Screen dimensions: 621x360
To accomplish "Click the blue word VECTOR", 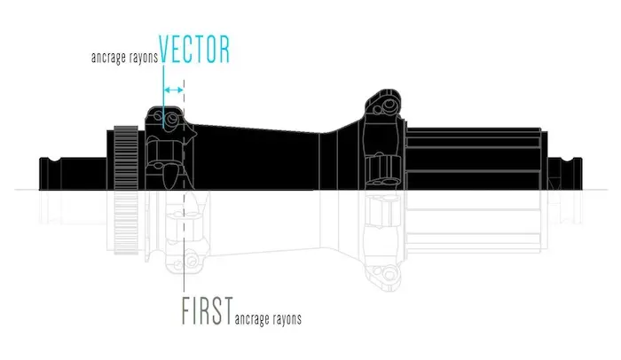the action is (x=194, y=49).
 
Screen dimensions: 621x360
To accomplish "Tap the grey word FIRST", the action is (x=207, y=311).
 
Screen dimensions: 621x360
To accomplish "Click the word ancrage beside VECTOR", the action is (x=108, y=58).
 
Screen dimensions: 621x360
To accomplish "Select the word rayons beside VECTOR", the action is (x=144, y=58).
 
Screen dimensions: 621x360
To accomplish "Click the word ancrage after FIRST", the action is (x=252, y=319).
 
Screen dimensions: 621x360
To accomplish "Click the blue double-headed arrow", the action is (x=174, y=90).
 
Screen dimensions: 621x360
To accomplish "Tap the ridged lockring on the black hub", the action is (x=126, y=158).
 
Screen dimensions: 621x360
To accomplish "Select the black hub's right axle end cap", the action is (x=565, y=174).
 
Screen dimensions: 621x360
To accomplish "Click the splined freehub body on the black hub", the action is (x=474, y=159).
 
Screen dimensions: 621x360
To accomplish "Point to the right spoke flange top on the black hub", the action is (x=383, y=103).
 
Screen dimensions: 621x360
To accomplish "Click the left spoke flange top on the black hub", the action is (x=166, y=117).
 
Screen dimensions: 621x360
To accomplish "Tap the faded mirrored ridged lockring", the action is (x=126, y=223).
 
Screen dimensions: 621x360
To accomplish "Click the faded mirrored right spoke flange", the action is (x=383, y=262).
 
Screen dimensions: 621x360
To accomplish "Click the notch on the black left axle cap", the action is (x=54, y=160).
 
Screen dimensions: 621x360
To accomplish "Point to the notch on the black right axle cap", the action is (x=568, y=160).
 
